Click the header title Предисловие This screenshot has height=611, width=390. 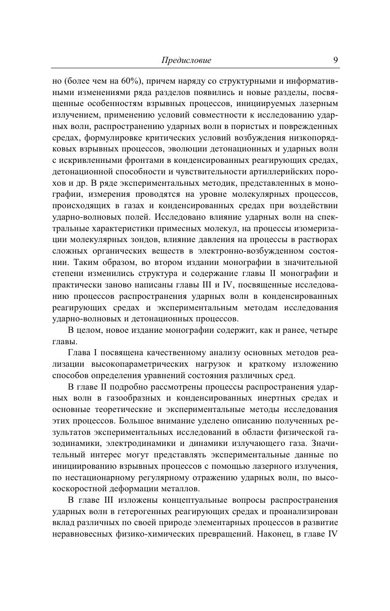click(186, 60)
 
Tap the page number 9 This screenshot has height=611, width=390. click(335, 60)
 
